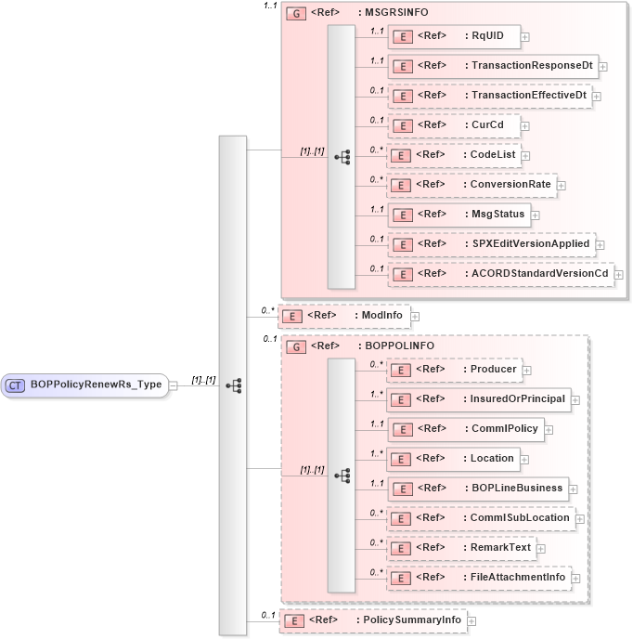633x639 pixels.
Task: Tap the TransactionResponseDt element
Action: pyautogui.click(x=491, y=66)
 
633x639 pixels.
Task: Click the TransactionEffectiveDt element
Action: pyautogui.click(x=488, y=96)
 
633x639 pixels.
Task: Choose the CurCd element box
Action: pyautogui.click(x=452, y=125)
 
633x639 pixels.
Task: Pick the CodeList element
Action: pyautogui.click(x=453, y=155)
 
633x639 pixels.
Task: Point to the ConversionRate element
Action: pyautogui.click(x=471, y=185)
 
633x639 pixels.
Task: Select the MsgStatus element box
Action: pyautogui.click(x=458, y=215)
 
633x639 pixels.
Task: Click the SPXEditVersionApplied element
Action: pyautogui.click(x=490, y=244)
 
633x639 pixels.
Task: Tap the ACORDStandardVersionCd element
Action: pyautogui.click(x=499, y=274)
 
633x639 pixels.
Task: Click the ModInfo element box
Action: pyautogui.click(x=344, y=316)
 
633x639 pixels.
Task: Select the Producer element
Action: pyautogui.click(x=453, y=370)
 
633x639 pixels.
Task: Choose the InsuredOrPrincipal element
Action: pyautogui.click(x=478, y=399)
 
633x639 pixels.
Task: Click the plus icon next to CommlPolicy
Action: pyautogui.click(x=549, y=430)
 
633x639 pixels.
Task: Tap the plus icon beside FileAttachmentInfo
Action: pyautogui.click(x=577, y=578)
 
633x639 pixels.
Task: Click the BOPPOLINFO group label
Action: pyautogui.click(x=381, y=346)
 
